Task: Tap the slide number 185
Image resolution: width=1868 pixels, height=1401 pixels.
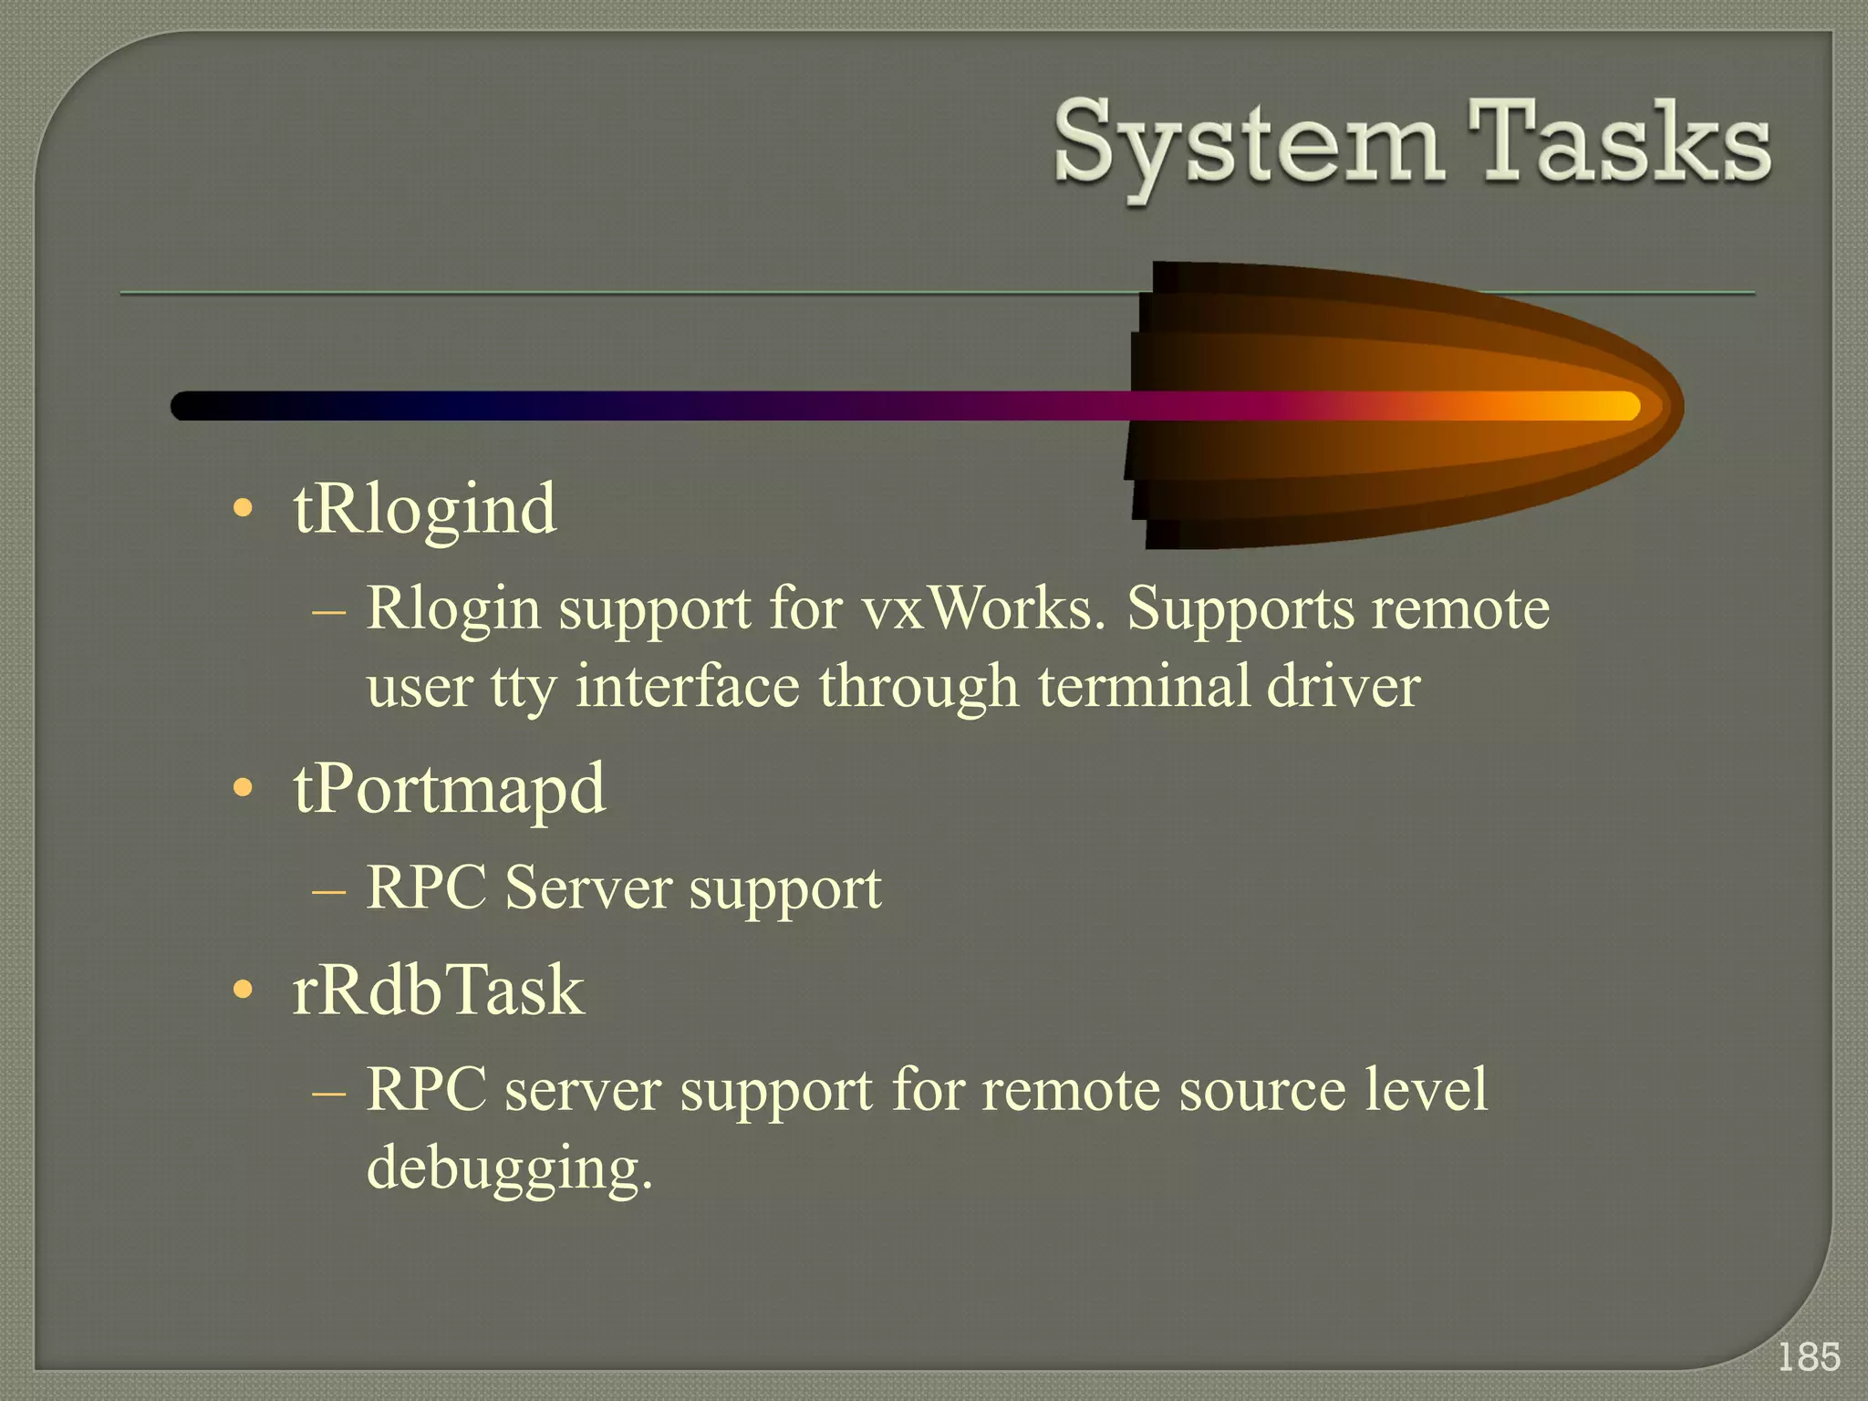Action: click(x=1809, y=1357)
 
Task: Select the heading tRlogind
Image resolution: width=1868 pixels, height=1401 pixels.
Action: click(x=424, y=509)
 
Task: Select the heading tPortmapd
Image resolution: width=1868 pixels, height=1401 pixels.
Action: click(x=449, y=789)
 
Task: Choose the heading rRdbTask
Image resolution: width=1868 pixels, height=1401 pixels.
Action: click(x=438, y=991)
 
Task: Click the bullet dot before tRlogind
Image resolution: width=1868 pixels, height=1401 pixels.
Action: click(x=242, y=509)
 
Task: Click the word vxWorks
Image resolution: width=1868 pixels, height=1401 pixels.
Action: click(x=982, y=608)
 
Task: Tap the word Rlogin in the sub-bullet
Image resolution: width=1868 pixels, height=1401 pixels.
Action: click(x=453, y=609)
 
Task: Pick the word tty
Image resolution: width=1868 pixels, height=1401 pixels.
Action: click(x=523, y=688)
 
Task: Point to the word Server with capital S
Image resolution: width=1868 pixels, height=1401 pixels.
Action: click(x=587, y=887)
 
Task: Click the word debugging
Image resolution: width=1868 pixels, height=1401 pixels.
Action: click(x=508, y=1168)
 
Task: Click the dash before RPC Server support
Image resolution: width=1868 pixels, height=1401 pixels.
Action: click(x=328, y=889)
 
